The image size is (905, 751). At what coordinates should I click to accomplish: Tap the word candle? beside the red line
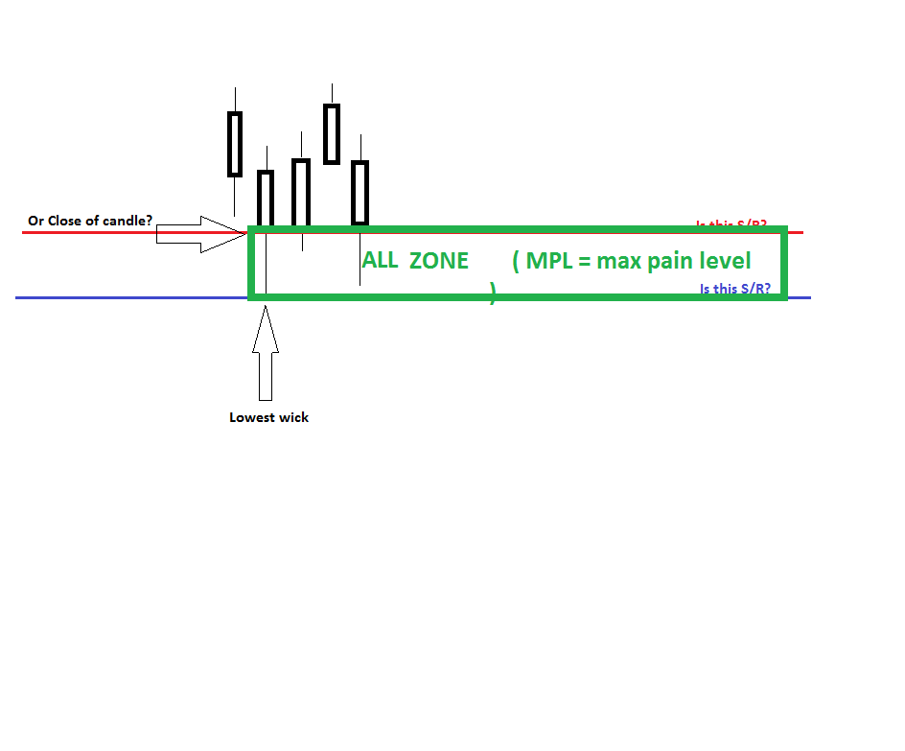128,221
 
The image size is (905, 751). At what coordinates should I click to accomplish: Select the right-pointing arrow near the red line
201,234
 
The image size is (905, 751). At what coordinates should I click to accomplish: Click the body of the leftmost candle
235,144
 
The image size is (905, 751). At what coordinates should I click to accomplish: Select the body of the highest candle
332,133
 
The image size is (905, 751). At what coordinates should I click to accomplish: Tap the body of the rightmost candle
360,192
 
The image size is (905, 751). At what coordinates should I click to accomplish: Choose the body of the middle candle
301,192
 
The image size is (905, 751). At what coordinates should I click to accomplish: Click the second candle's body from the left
266,198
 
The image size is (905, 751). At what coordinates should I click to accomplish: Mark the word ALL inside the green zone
380,261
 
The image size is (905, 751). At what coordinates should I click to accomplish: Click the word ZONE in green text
439,261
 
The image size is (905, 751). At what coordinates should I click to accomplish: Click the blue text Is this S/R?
734,289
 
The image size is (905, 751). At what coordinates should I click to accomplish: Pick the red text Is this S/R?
731,224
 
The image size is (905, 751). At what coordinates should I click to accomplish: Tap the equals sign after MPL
585,261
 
